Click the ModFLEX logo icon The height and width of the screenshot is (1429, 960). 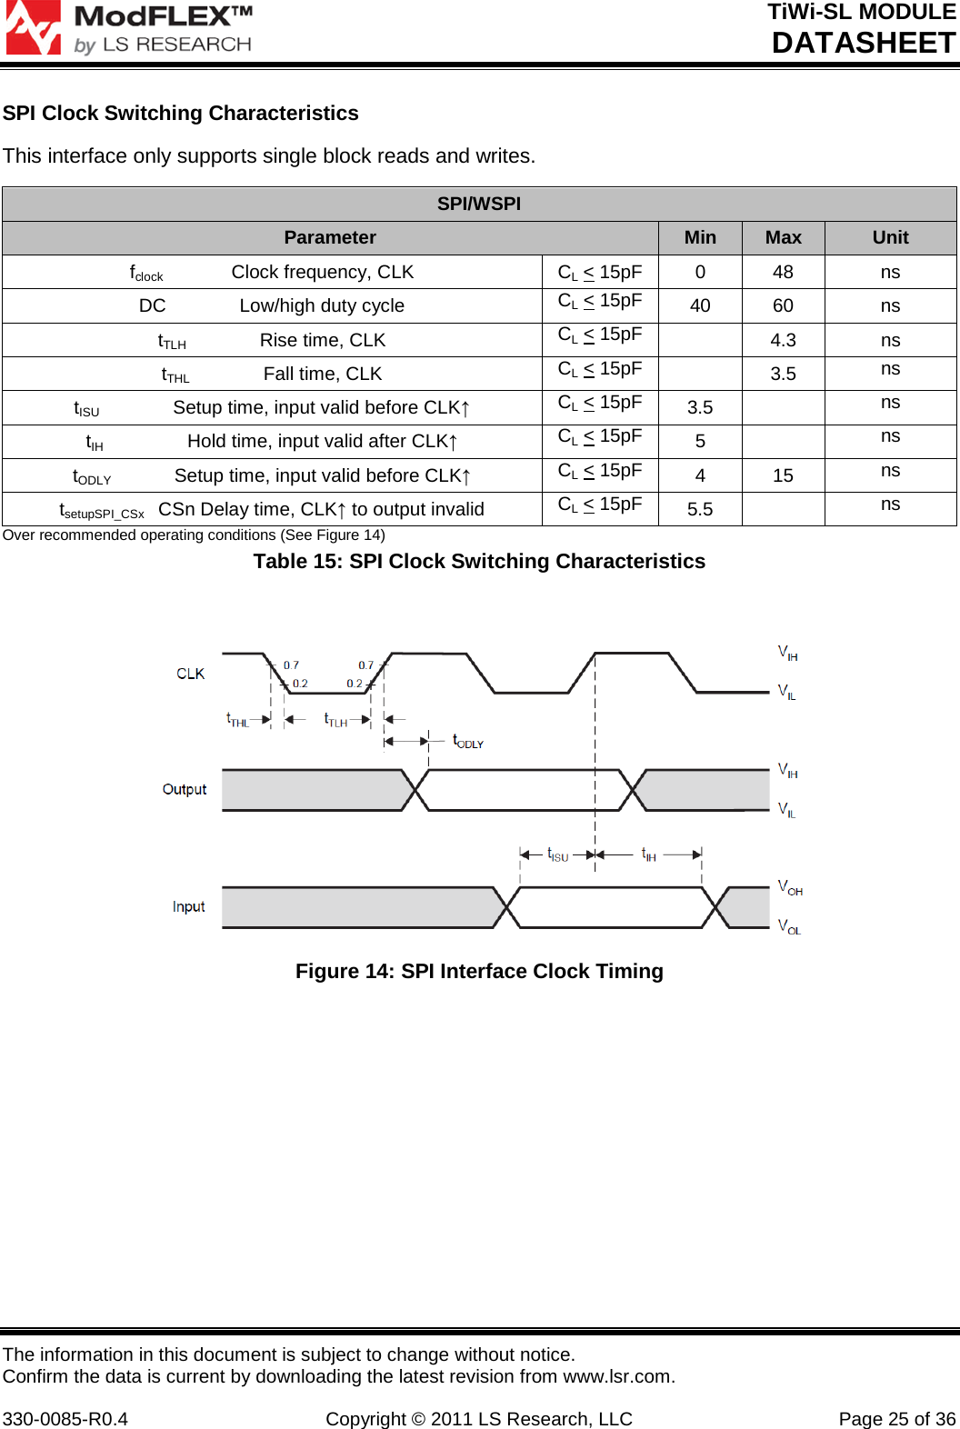pos(33,27)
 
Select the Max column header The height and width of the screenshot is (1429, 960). pos(783,237)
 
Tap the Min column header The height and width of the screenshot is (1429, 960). pos(700,237)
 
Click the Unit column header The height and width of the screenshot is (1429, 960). pos(890,237)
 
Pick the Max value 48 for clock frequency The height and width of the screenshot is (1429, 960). pos(783,272)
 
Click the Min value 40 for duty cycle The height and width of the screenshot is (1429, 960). pos(700,305)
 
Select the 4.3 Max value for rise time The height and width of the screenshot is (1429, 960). pos(783,340)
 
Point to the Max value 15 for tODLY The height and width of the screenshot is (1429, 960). pos(783,475)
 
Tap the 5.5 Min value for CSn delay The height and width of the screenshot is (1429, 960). pos(700,509)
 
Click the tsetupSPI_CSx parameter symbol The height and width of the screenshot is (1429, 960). pos(102,511)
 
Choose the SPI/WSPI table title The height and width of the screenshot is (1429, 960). pos(479,204)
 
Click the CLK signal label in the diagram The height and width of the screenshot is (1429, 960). pos(190,674)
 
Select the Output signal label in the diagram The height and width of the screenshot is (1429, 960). pos(185,789)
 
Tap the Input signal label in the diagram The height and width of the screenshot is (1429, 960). pos(188,906)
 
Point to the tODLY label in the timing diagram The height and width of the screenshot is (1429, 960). pos(468,741)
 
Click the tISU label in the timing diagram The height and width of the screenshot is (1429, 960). pos(557,854)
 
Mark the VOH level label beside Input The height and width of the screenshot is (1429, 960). pos(790,887)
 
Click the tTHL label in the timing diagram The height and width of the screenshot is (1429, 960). pos(237,719)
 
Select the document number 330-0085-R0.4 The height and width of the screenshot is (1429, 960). pos(65,1419)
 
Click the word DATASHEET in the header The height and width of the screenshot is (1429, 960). pos(864,43)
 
